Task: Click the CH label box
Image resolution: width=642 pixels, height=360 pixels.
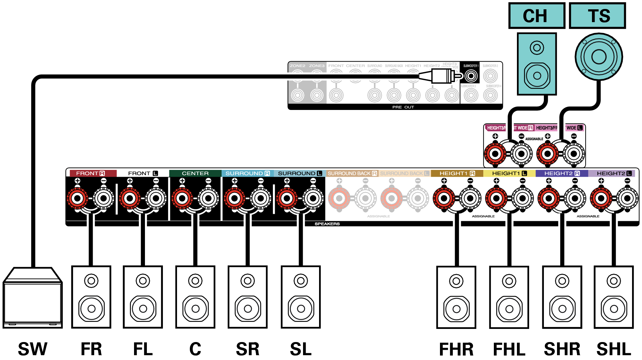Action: point(536,16)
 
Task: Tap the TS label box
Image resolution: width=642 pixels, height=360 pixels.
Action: point(597,16)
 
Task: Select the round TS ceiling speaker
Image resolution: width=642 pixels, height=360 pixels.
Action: point(599,57)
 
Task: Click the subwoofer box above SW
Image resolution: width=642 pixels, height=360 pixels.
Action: point(32,298)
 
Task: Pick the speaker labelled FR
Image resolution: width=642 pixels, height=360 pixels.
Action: point(91,297)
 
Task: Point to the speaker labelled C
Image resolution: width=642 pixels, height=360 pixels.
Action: point(195,297)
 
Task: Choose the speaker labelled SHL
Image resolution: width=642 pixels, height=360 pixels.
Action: point(614,297)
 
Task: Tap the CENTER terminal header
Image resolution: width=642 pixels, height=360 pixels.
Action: point(195,173)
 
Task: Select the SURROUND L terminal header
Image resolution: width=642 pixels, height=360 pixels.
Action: point(300,173)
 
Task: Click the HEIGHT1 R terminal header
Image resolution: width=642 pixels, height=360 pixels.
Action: point(457,173)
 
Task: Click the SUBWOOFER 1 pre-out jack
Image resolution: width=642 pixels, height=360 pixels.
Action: point(471,76)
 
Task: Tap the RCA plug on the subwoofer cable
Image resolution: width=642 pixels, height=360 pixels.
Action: point(441,76)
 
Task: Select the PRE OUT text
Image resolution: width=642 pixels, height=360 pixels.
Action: point(403,107)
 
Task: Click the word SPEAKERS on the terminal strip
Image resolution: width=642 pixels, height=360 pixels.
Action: point(327,224)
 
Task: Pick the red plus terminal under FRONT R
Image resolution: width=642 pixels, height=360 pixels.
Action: point(77,198)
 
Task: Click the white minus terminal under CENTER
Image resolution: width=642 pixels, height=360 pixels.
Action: point(208,198)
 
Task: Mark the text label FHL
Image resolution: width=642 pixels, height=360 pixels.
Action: point(509,349)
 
